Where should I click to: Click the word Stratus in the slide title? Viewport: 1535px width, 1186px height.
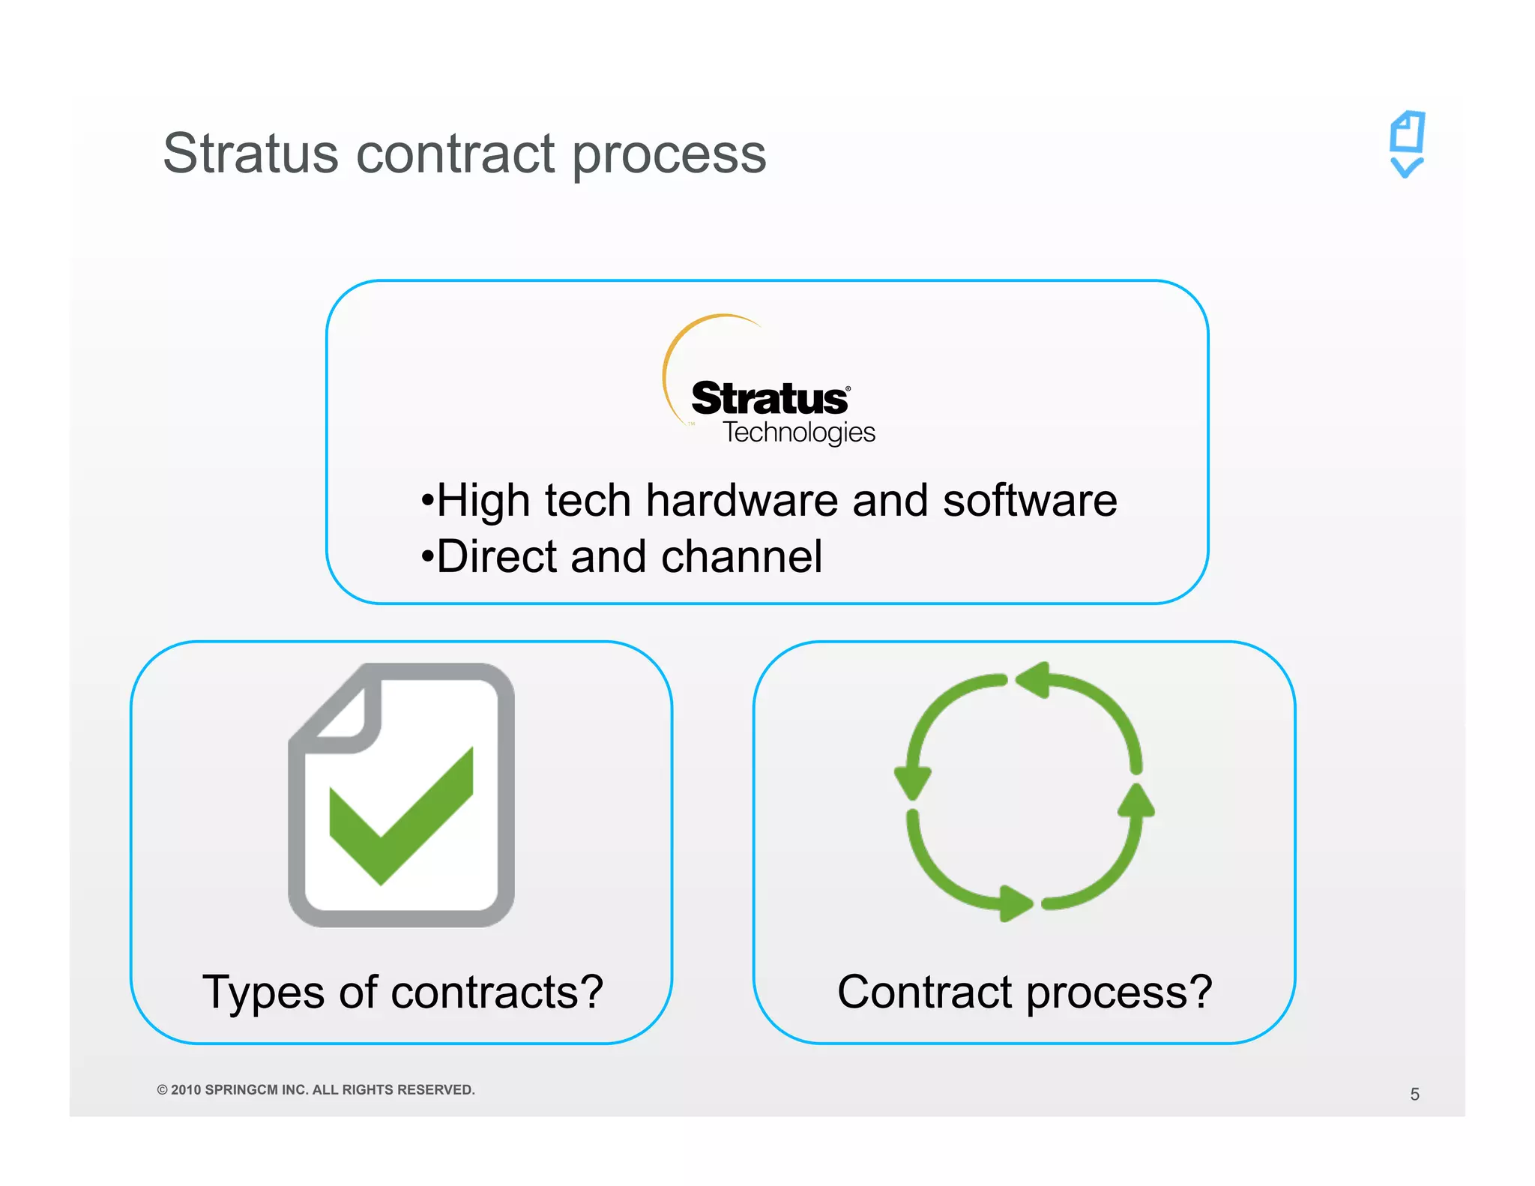click(250, 154)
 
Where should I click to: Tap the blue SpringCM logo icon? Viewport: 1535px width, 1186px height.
click(1407, 145)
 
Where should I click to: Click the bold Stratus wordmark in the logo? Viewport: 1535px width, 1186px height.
click(769, 398)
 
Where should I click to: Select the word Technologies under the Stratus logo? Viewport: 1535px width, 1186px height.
click(798, 433)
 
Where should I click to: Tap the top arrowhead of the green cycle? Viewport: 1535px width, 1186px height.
click(1034, 680)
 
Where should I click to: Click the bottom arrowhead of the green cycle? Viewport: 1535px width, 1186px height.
click(1015, 903)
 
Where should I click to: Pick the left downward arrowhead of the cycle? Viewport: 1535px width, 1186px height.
click(913, 783)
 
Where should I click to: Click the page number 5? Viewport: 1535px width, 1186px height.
click(1414, 1094)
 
